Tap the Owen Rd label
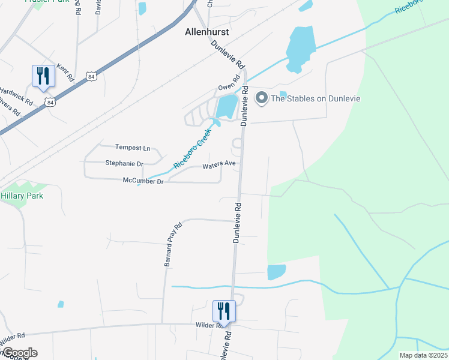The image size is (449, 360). (x=229, y=88)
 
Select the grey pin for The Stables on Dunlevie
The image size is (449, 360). (x=262, y=98)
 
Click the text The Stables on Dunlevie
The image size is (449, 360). (x=316, y=98)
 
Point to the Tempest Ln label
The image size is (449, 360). (x=133, y=148)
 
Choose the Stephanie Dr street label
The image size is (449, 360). (x=124, y=163)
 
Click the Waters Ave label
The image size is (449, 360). (x=218, y=164)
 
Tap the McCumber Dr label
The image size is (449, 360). (x=143, y=181)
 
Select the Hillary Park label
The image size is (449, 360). (x=22, y=196)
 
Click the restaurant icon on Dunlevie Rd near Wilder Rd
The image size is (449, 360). (x=224, y=311)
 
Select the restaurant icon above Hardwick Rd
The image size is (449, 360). (x=43, y=76)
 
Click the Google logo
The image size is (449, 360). (x=19, y=353)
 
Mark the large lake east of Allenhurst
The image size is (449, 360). (x=301, y=48)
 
